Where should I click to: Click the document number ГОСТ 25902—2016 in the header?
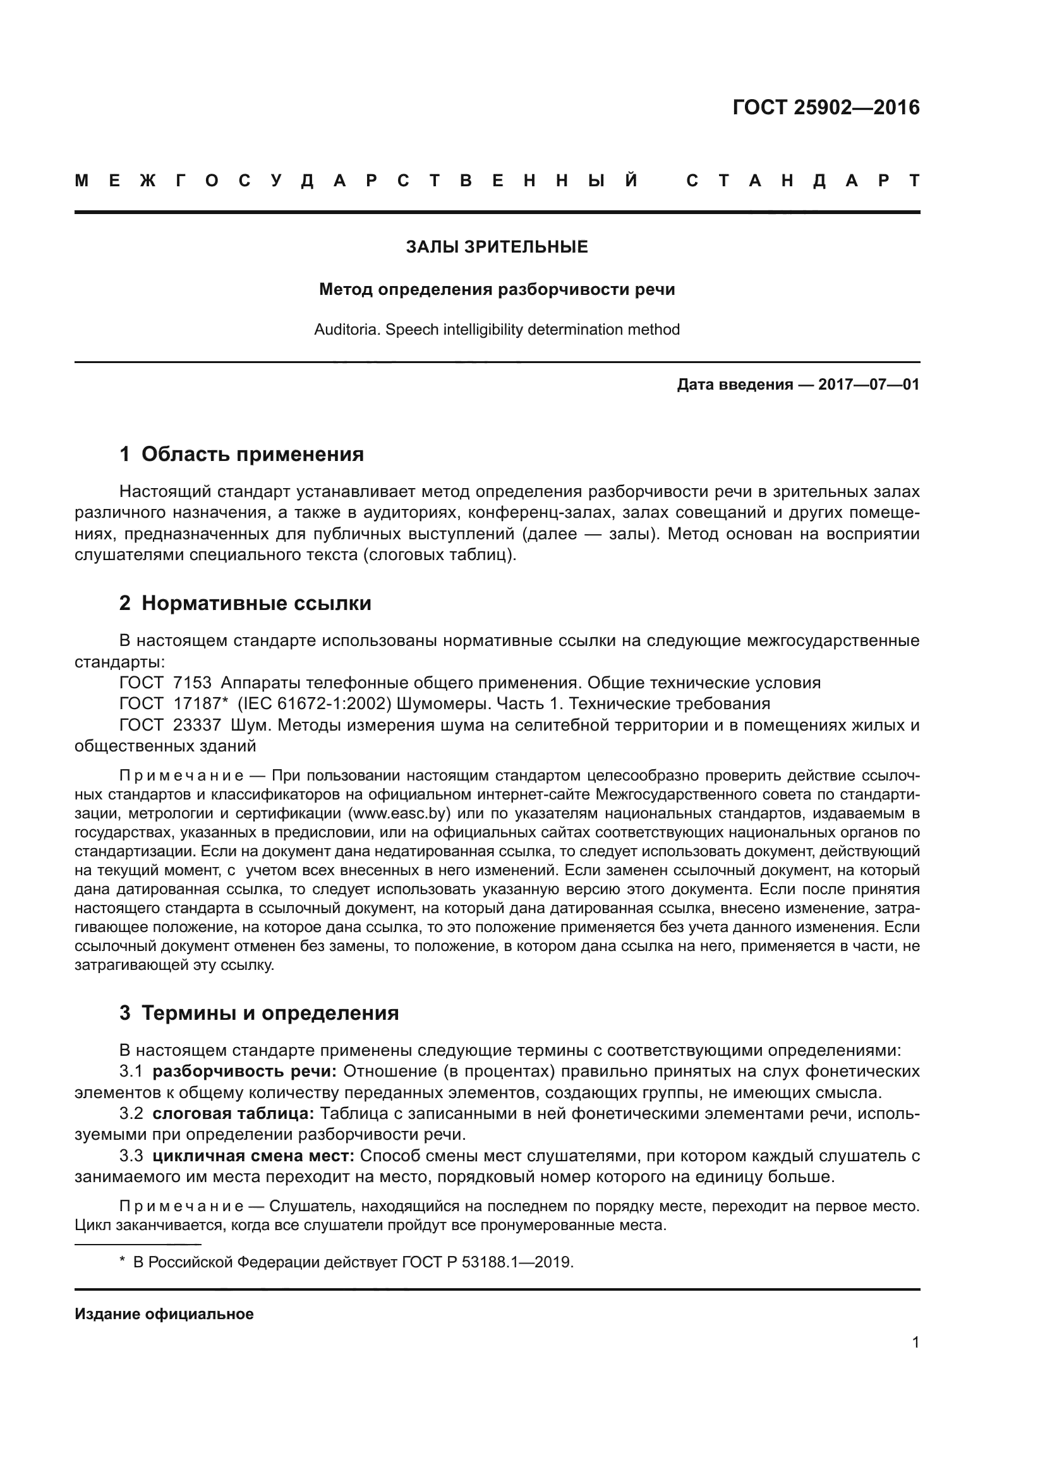click(826, 107)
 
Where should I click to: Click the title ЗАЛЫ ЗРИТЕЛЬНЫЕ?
click(497, 247)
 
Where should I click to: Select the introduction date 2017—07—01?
click(868, 385)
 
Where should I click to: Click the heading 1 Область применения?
click(241, 454)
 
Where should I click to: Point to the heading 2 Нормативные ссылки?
click(245, 604)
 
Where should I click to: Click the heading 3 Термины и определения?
click(258, 1013)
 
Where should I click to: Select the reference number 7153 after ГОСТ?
click(192, 683)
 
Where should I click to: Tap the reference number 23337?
click(196, 725)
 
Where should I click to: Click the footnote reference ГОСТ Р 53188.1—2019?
click(487, 1262)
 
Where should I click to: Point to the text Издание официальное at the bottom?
click(164, 1313)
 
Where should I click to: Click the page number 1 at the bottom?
click(915, 1342)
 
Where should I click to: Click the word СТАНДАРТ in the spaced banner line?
click(802, 181)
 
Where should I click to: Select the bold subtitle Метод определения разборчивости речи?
click(497, 289)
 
